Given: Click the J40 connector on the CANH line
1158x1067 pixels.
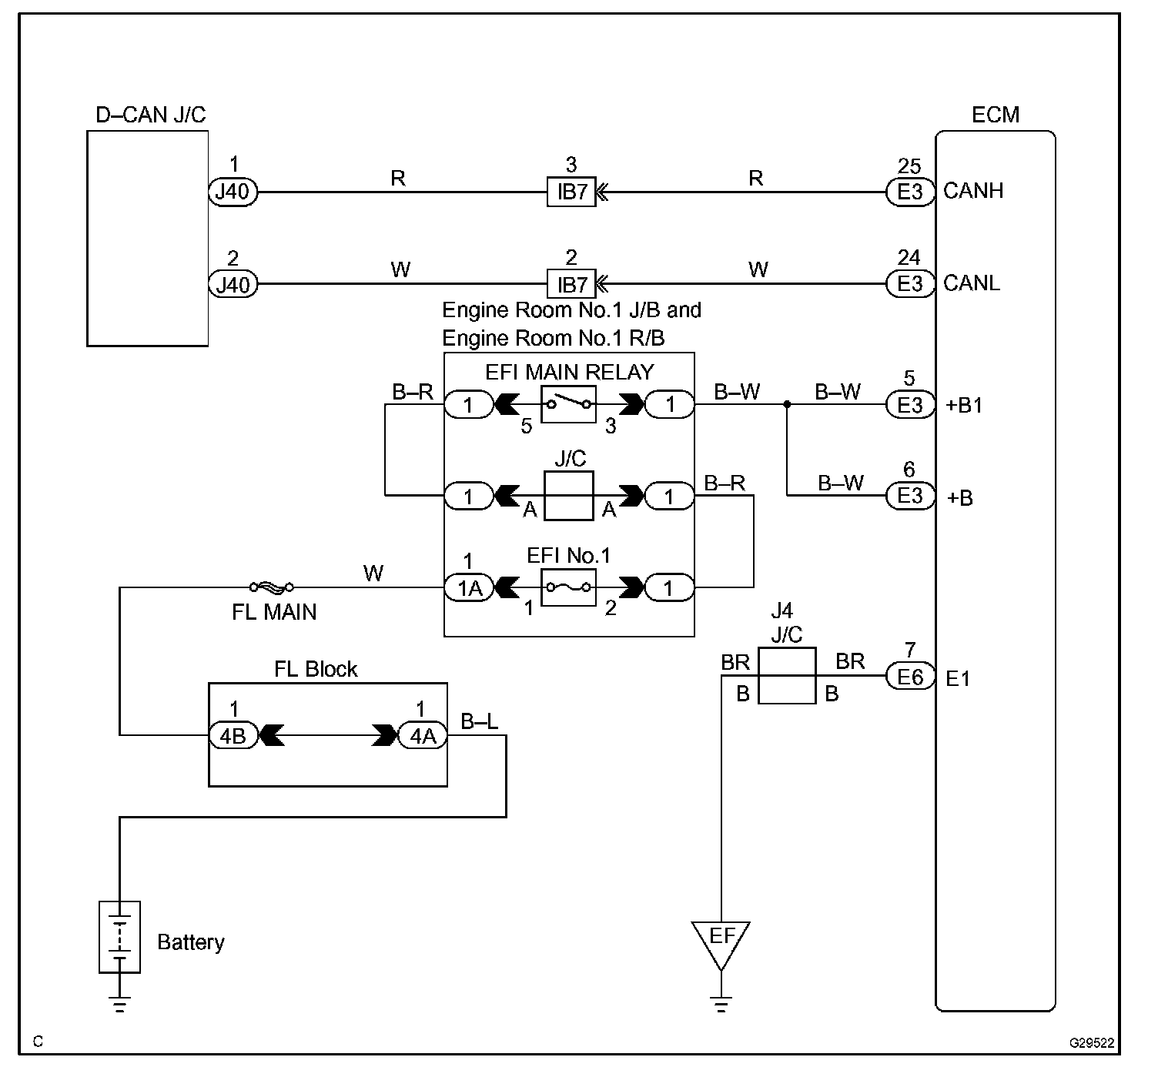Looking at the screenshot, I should [233, 192].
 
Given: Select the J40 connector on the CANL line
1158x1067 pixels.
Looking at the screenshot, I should [233, 285].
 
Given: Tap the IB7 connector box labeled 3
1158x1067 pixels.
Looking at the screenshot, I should [571, 192].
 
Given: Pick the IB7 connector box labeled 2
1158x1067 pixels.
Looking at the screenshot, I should [571, 285].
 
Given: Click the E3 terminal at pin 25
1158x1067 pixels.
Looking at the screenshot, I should [910, 192].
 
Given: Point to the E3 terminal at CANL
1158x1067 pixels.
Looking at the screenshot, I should [910, 284].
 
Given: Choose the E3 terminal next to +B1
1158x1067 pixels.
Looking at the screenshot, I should [910, 404].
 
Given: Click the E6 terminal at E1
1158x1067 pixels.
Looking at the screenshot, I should [910, 677].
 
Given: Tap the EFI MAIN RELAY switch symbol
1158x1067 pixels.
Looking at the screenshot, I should [568, 403].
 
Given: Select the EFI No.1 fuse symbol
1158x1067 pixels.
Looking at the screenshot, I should [568, 588].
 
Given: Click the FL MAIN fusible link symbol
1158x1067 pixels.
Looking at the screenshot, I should [273, 588].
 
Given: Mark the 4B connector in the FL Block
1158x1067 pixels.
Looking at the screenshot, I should [233, 736].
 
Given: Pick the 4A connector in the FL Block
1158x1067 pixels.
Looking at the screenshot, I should [422, 736].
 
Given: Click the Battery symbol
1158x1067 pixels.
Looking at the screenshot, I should [120, 936].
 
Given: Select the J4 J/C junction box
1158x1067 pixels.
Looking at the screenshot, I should [786, 676].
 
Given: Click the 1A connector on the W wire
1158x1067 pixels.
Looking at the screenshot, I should [469, 588].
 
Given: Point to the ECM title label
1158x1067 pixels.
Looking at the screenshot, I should [995, 115].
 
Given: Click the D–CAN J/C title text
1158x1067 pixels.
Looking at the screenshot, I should [150, 115].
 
